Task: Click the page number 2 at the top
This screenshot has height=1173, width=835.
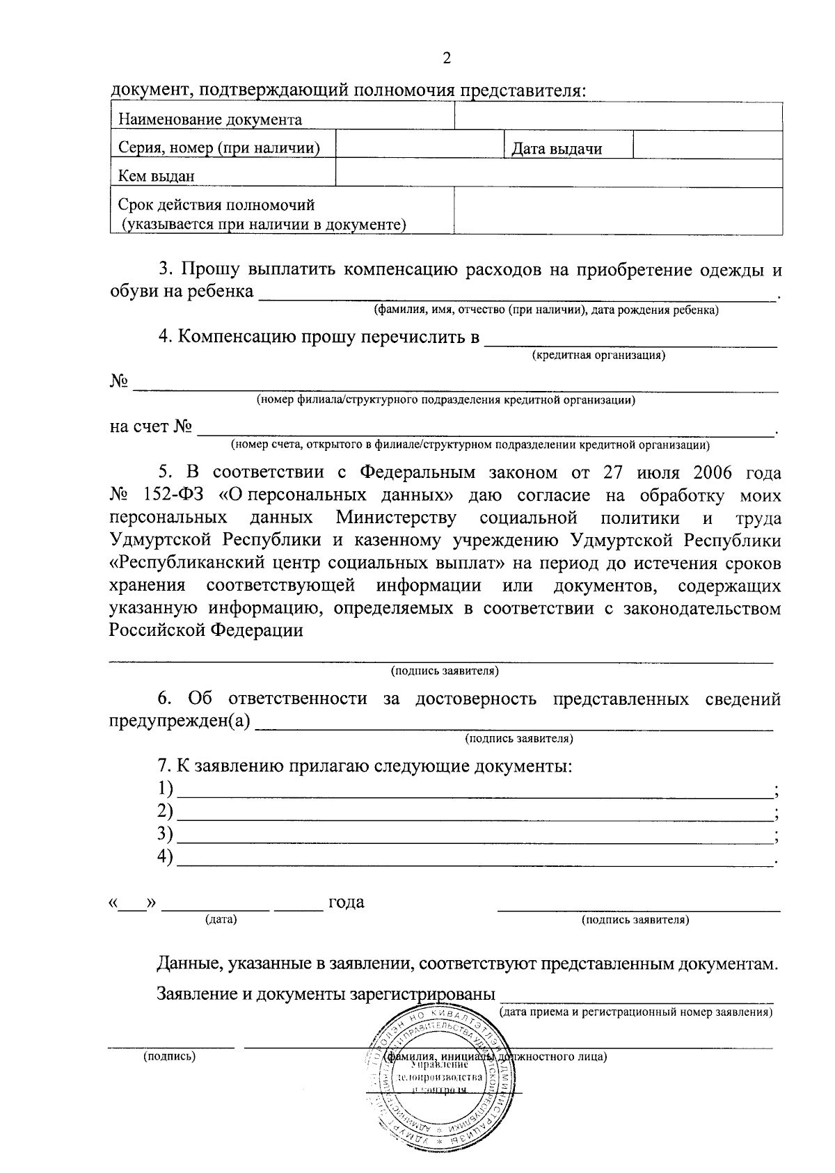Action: (x=447, y=58)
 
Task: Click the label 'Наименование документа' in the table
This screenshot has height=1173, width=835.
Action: (x=210, y=119)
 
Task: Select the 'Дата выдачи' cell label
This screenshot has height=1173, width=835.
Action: (x=556, y=148)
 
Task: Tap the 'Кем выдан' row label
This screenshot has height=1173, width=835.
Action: (x=157, y=176)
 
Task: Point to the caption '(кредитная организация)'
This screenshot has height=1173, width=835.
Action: (x=598, y=356)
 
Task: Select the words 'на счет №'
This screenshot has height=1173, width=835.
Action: (x=150, y=426)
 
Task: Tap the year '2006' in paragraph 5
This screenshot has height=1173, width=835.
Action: (x=713, y=473)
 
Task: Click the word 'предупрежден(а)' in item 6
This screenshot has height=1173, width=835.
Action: (x=180, y=721)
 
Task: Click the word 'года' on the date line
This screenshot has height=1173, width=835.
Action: (x=347, y=902)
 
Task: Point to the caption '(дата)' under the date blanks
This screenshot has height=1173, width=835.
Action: (x=221, y=920)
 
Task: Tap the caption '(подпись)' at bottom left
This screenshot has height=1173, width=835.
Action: (x=169, y=1056)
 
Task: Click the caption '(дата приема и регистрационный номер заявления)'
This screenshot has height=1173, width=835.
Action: (x=636, y=1012)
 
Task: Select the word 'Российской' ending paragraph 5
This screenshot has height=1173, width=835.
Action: (x=157, y=630)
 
